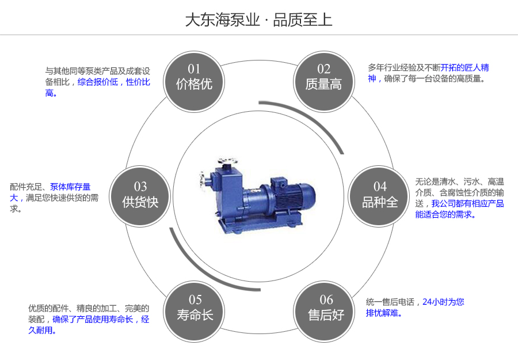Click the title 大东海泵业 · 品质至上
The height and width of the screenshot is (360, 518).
click(x=258, y=20)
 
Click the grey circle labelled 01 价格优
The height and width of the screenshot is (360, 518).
click(x=194, y=78)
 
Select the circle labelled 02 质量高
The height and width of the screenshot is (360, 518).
click(x=323, y=78)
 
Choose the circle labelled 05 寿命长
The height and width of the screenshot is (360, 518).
click(x=195, y=308)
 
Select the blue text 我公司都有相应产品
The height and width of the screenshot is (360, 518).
click(x=467, y=204)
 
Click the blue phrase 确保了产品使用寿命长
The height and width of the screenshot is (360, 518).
click(x=93, y=320)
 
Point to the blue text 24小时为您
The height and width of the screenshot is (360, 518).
click(x=443, y=302)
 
